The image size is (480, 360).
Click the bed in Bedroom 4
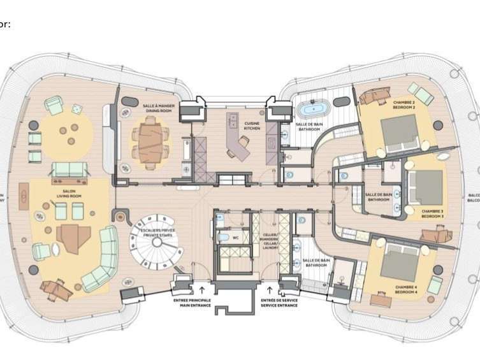pos(399,263)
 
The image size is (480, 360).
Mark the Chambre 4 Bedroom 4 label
pos(405,291)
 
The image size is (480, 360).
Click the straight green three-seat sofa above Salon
pos(68,169)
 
